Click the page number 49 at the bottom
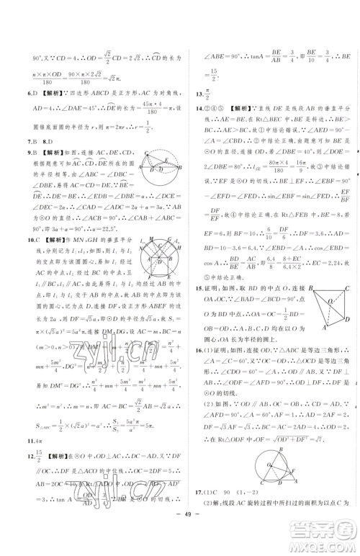(x=180, y=542)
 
